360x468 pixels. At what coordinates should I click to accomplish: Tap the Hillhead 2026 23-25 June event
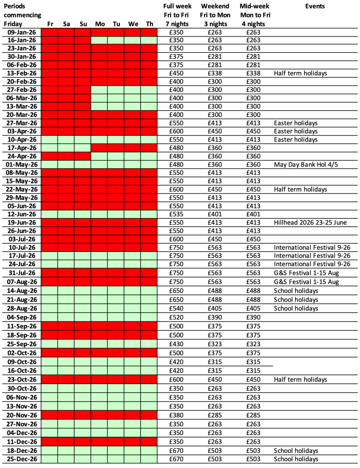(312, 222)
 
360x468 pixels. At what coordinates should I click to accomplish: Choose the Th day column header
(149, 24)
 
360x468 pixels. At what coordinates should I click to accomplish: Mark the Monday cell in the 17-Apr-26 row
(99, 148)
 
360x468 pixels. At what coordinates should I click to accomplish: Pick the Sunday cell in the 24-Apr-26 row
(82, 156)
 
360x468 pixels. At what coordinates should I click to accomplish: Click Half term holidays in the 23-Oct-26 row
(301, 379)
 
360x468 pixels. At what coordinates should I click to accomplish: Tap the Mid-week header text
(254, 6)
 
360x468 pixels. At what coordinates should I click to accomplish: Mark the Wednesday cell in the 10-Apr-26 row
(132, 139)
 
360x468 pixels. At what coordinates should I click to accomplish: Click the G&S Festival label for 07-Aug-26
(306, 282)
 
